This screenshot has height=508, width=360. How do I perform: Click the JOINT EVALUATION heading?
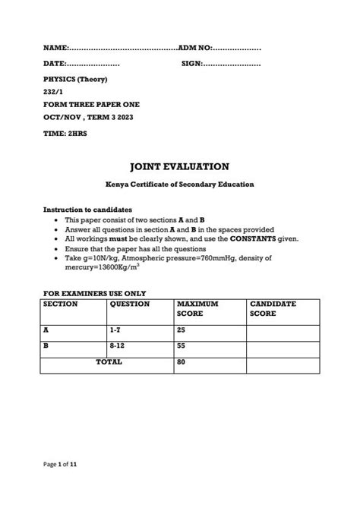tap(179, 166)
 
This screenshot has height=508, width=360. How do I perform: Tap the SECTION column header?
tap(60, 304)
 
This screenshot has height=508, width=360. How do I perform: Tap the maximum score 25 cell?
tap(182, 330)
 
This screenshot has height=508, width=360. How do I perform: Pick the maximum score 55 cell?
tap(182, 349)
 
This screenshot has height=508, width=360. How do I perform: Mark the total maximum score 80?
tap(182, 364)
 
